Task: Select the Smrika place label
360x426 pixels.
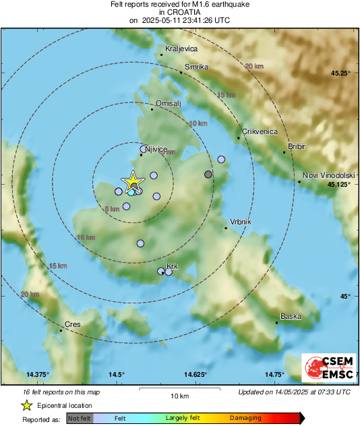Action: pos(197,67)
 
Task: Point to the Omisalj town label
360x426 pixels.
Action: pos(169,103)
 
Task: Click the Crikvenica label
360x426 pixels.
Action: pos(260,132)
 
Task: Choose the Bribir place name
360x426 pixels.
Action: pos(297,146)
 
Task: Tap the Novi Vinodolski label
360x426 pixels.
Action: pos(328,175)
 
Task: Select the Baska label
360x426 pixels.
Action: pos(291,316)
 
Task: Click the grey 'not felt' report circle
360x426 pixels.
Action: pos(208,175)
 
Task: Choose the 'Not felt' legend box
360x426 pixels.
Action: pos(80,419)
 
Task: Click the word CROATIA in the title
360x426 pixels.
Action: pos(179,12)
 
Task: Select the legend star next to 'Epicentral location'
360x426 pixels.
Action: pos(26,405)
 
